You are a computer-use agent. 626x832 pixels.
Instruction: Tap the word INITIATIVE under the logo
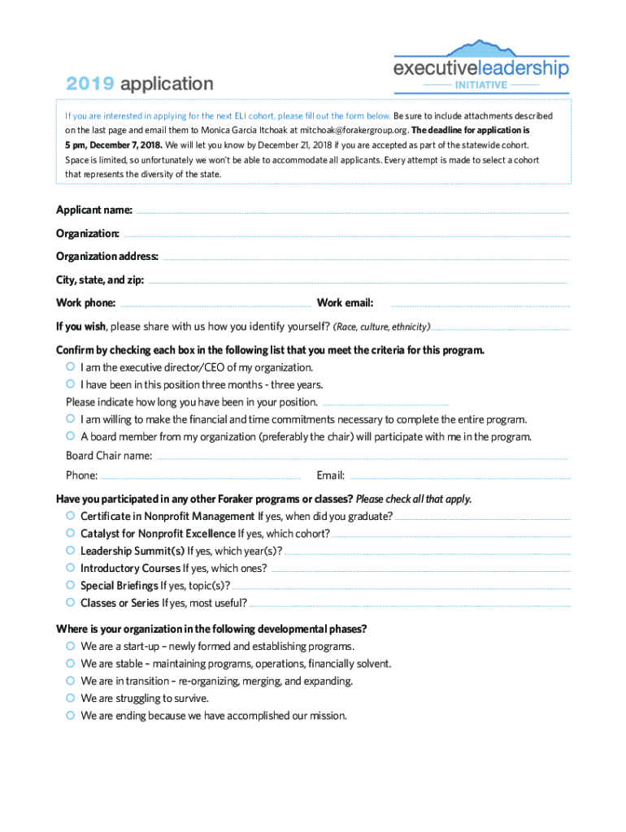tap(481, 84)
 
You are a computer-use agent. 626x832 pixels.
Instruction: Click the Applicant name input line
tap(352, 212)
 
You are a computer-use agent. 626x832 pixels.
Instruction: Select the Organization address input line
tap(366, 258)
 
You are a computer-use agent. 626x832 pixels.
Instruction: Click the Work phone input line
tap(215, 305)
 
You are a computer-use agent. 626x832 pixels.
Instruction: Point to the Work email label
tap(345, 303)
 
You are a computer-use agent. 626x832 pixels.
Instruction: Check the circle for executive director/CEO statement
tap(71, 367)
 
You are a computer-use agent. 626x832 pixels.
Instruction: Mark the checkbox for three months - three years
tap(71, 384)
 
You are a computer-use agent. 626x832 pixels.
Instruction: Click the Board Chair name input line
tap(362, 458)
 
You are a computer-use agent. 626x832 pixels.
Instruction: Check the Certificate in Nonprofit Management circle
tap(71, 516)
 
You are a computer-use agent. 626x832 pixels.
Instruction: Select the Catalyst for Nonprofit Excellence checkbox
tap(71, 533)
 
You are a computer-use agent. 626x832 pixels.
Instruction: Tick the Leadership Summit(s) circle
tap(71, 550)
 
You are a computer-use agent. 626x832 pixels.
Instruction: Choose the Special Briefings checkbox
tap(71, 585)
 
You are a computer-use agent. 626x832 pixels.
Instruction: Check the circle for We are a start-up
tap(71, 646)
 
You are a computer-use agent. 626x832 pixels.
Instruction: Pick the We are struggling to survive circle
tap(71, 698)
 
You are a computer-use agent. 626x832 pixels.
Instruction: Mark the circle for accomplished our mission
tap(71, 715)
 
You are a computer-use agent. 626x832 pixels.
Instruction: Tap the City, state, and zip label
tap(100, 280)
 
